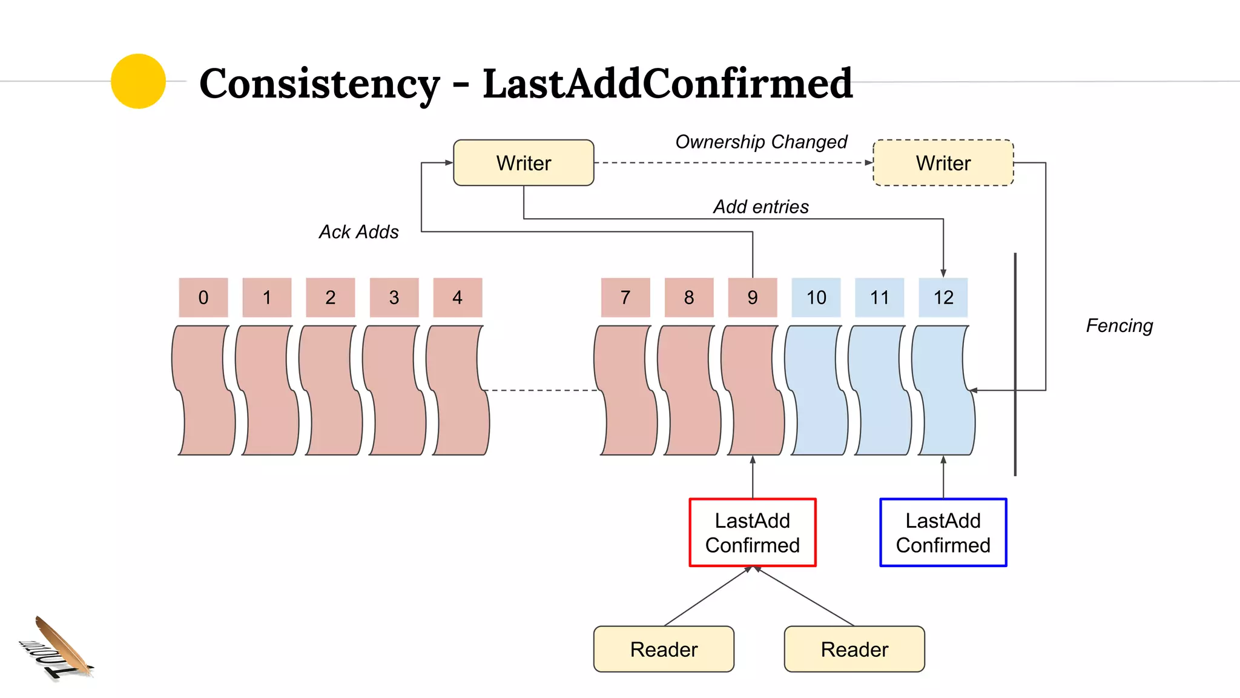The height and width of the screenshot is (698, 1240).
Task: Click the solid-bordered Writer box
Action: pos(524,163)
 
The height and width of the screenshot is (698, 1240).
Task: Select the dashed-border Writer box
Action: pos(943,163)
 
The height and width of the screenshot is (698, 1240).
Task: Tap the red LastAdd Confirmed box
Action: pos(753,533)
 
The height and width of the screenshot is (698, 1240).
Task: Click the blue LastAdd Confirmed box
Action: pos(943,533)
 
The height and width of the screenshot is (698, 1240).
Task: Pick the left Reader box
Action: pos(664,649)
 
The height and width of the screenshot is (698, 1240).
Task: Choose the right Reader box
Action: pos(854,649)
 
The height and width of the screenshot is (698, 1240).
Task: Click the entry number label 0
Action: pos(203,297)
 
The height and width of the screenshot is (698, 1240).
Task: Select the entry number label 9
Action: pos(753,297)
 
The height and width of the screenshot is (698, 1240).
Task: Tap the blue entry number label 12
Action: pos(943,297)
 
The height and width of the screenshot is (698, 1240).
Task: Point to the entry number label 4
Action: pos(458,297)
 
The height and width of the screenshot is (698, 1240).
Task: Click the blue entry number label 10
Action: pos(816,297)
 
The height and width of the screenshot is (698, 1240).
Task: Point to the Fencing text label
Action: pos(1119,326)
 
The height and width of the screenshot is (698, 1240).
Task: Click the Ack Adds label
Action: pos(358,232)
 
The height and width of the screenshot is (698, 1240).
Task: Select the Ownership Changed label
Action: pos(761,142)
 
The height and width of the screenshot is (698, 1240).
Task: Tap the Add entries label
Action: pos(760,207)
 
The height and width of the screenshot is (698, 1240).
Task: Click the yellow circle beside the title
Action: pos(139,81)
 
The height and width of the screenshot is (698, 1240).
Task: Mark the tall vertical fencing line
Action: pos(1015,364)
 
